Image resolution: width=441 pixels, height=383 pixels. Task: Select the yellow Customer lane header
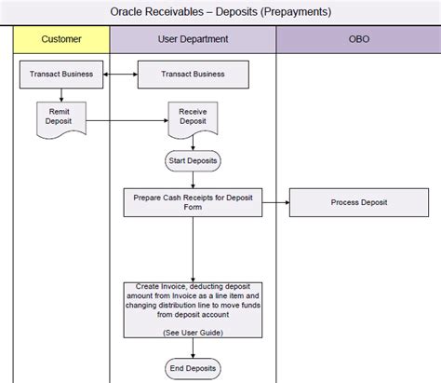pyautogui.click(x=62, y=40)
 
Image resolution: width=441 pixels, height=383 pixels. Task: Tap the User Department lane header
pyautogui.click(x=193, y=40)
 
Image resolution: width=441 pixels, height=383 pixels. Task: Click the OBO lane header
pyautogui.click(x=357, y=40)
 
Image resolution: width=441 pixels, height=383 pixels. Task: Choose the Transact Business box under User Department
pyautogui.click(x=194, y=75)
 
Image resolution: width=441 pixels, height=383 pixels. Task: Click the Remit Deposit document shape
pyautogui.click(x=60, y=116)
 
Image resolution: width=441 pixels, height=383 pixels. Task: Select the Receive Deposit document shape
pyautogui.click(x=193, y=116)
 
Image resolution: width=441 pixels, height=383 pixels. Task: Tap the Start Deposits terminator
pyautogui.click(x=193, y=161)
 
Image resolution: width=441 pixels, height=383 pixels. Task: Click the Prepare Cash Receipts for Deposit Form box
pyautogui.click(x=193, y=202)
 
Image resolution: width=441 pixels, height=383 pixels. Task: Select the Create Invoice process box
pyautogui.click(x=193, y=308)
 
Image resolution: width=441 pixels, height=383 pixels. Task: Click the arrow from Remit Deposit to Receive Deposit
pyautogui.click(x=126, y=119)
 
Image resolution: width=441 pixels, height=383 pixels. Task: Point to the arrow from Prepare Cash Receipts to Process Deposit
pyautogui.click(x=276, y=202)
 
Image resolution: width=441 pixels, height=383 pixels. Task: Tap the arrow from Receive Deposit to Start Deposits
pyautogui.click(x=193, y=143)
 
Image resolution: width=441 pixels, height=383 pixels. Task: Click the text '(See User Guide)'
pyautogui.click(x=193, y=331)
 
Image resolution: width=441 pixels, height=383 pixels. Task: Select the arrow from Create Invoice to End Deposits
pyautogui.click(x=193, y=347)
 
